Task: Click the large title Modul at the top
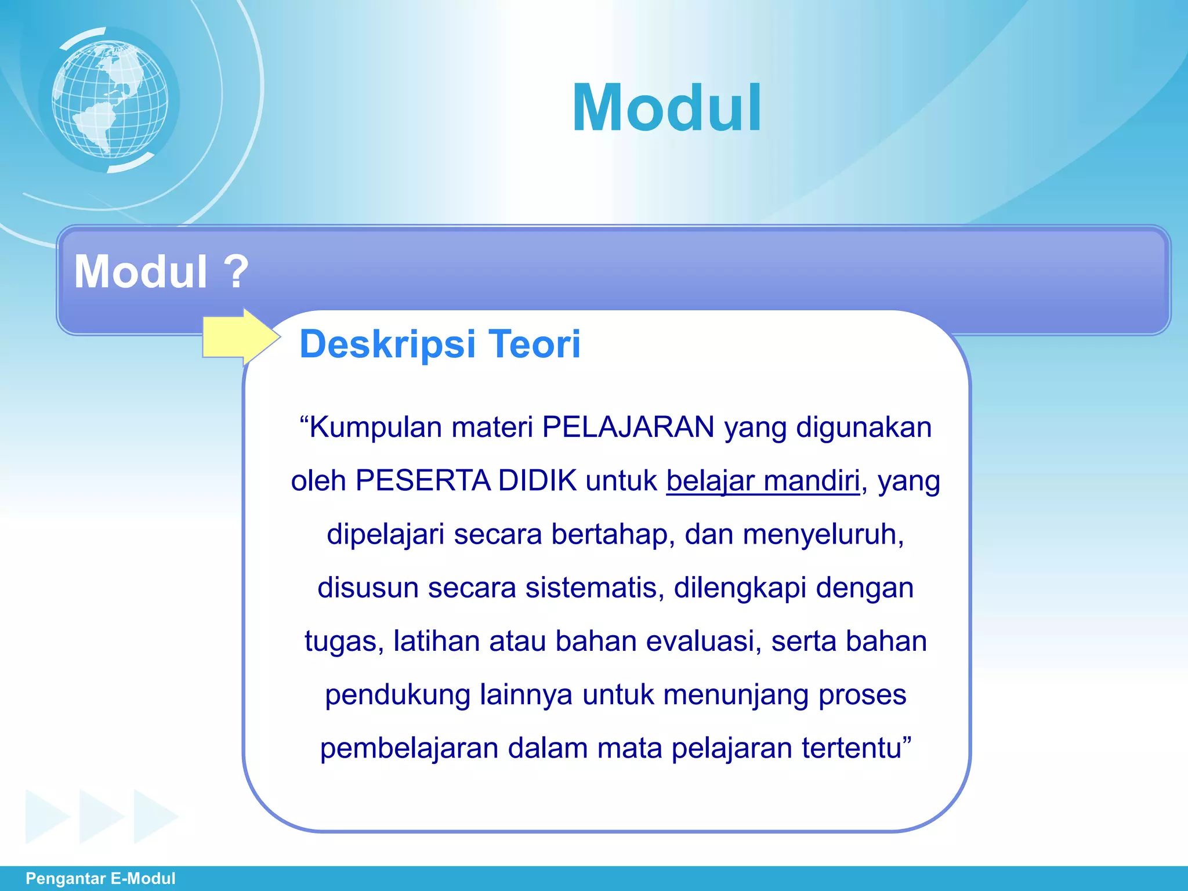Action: [x=667, y=108]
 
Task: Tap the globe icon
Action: [x=110, y=99]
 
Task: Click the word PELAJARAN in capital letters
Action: [x=628, y=428]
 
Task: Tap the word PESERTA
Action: [x=423, y=481]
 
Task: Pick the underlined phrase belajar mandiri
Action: [x=763, y=481]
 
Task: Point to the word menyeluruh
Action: [x=822, y=534]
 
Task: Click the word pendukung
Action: [x=397, y=695]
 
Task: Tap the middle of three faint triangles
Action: [x=102, y=816]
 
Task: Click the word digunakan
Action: [x=863, y=428]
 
